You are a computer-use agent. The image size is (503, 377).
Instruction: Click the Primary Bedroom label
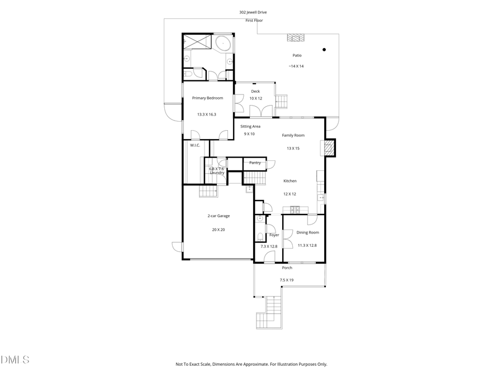click(x=207, y=98)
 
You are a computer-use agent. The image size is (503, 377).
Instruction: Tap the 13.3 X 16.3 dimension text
click(x=206, y=114)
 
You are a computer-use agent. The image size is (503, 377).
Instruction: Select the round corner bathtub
click(x=224, y=43)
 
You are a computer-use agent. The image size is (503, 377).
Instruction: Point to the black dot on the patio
click(x=324, y=50)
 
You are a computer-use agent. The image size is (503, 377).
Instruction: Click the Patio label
click(x=297, y=55)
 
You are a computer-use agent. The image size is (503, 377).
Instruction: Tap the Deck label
click(x=255, y=91)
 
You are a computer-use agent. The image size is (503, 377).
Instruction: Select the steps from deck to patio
click(x=281, y=102)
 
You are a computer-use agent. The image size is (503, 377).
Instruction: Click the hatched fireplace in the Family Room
click(x=329, y=148)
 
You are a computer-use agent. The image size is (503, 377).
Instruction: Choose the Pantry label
click(x=255, y=163)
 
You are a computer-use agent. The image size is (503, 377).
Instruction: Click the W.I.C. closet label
click(x=195, y=145)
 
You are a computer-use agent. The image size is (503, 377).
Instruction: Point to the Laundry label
click(x=217, y=173)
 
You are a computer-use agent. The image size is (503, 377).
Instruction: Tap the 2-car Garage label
click(x=219, y=216)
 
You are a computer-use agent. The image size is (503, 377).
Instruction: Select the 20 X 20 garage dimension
click(x=219, y=230)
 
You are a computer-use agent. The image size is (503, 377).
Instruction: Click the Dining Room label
click(x=307, y=232)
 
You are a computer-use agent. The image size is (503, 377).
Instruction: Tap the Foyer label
click(x=274, y=235)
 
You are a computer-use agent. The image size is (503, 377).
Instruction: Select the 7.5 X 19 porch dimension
click(x=286, y=280)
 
